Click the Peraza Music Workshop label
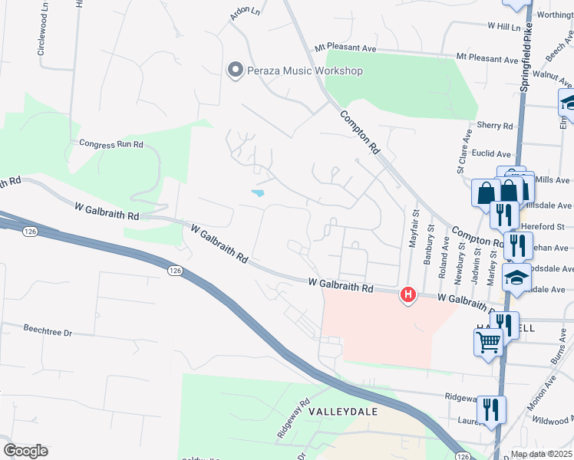point(305,71)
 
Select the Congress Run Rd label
point(112,143)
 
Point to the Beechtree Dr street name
point(47,332)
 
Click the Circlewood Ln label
point(41,36)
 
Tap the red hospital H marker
point(408,294)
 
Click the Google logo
point(25,451)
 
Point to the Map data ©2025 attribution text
point(542,454)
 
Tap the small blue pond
point(257,192)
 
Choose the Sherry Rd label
point(494,126)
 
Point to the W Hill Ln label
point(504,25)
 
